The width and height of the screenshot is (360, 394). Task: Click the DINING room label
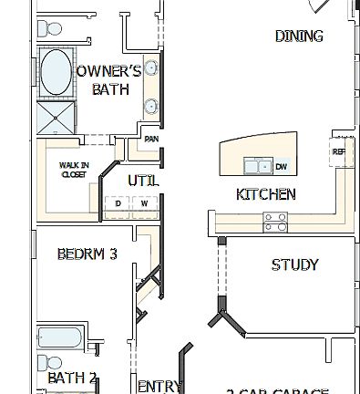[298, 36]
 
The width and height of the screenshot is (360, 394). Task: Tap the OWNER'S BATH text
[108, 80]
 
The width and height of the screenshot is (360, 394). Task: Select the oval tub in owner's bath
[57, 73]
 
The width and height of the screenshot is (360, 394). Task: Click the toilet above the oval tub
[46, 29]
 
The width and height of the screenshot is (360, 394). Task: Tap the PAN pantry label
[151, 140]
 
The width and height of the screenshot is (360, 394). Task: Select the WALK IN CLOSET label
[73, 171]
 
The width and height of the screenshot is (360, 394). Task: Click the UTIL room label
[143, 181]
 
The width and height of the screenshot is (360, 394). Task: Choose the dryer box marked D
[118, 203]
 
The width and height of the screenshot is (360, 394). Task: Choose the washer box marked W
[144, 203]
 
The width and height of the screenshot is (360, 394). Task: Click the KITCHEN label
[265, 194]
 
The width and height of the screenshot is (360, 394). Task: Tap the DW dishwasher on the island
[281, 167]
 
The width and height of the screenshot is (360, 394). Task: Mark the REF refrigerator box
[339, 151]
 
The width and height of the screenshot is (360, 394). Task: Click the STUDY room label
[294, 265]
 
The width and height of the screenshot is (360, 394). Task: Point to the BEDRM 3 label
[87, 254]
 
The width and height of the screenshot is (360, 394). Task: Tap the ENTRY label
[159, 387]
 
